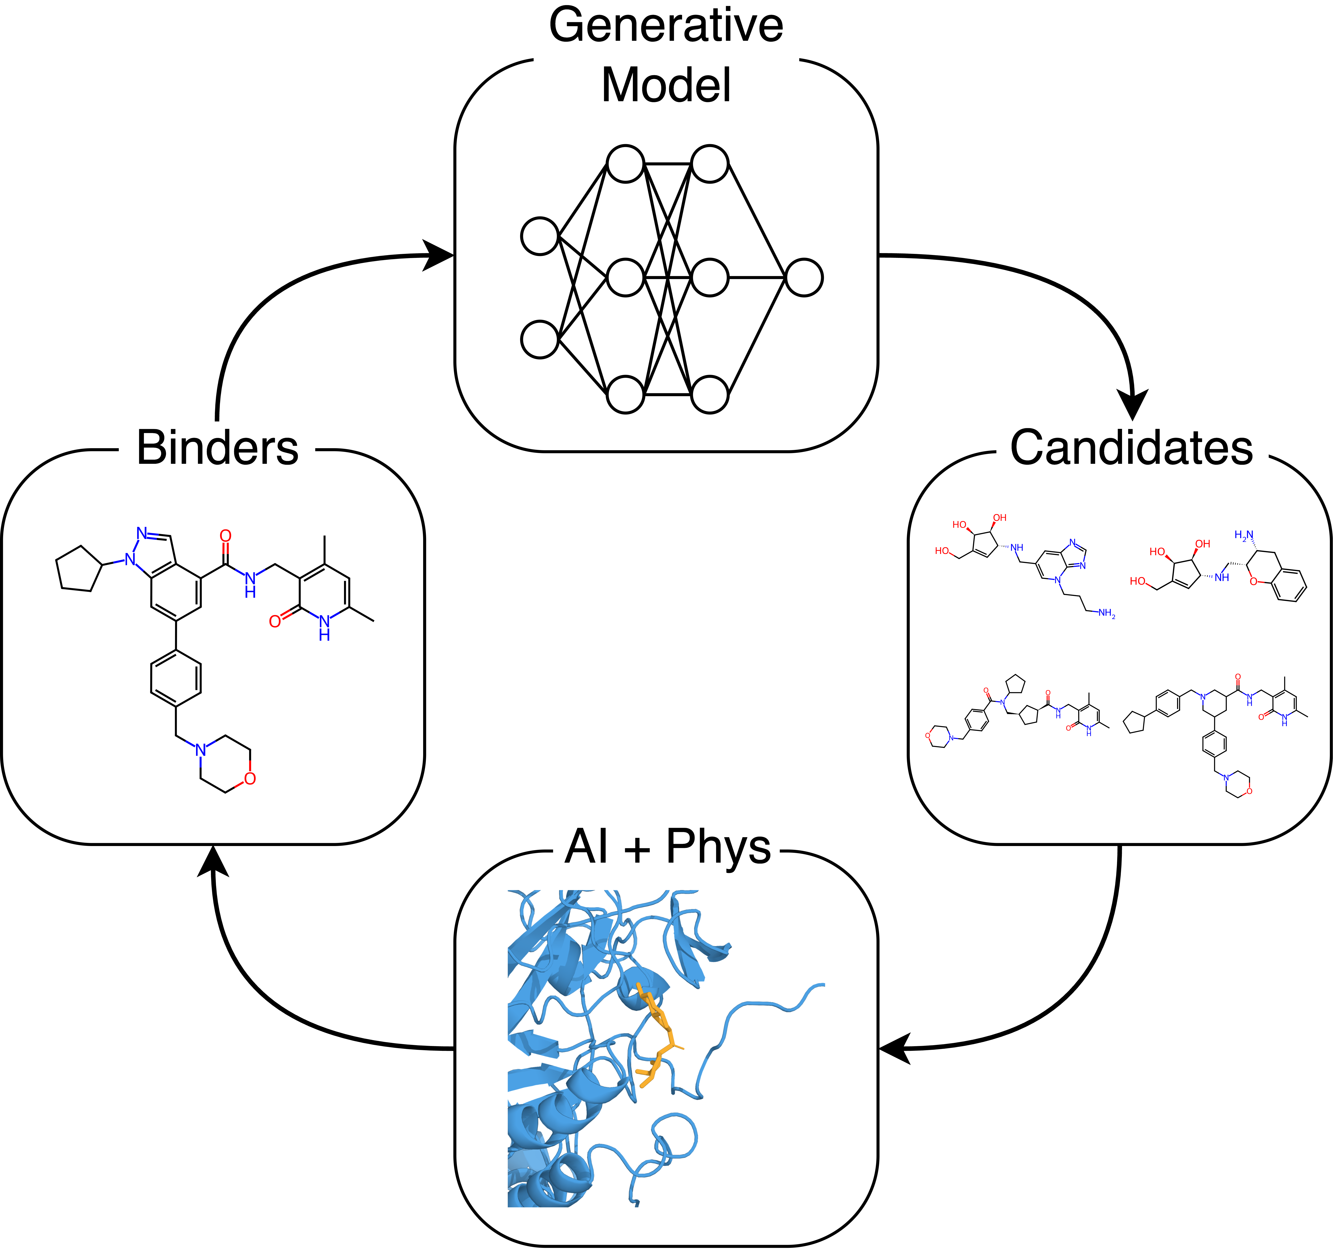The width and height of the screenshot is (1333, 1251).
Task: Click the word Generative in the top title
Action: coord(666,25)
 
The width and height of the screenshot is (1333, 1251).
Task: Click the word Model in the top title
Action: coord(666,86)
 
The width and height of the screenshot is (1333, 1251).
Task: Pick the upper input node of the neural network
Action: coord(540,236)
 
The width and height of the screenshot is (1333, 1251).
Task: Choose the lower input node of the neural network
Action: coord(540,339)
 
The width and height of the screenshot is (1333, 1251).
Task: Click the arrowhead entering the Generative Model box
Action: coord(439,255)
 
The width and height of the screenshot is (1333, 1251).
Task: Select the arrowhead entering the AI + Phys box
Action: coord(895,1048)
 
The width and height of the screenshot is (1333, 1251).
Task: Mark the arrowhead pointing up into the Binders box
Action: coord(213,862)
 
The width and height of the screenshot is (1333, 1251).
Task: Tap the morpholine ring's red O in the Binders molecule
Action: coord(250,778)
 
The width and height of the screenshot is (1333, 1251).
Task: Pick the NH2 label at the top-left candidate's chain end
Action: coord(1106,613)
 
